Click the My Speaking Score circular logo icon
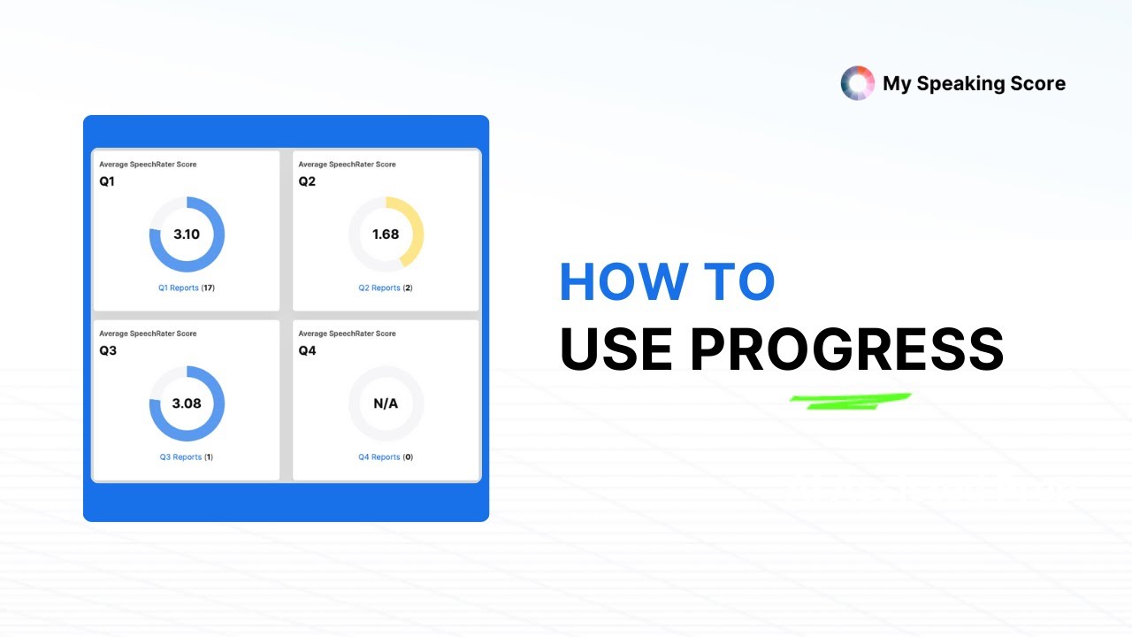[857, 83]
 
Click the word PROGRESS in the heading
[846, 349]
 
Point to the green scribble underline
[849, 401]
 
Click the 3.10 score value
[187, 234]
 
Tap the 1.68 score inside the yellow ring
[386, 234]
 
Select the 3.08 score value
[187, 403]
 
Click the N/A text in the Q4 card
[386, 403]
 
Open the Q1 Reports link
[180, 288]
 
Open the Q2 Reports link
[379, 288]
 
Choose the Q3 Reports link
[180, 457]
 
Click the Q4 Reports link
[379, 457]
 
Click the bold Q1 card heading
[107, 181]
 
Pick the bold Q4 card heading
[307, 350]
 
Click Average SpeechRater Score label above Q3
[148, 334]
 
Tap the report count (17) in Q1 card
[209, 288]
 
